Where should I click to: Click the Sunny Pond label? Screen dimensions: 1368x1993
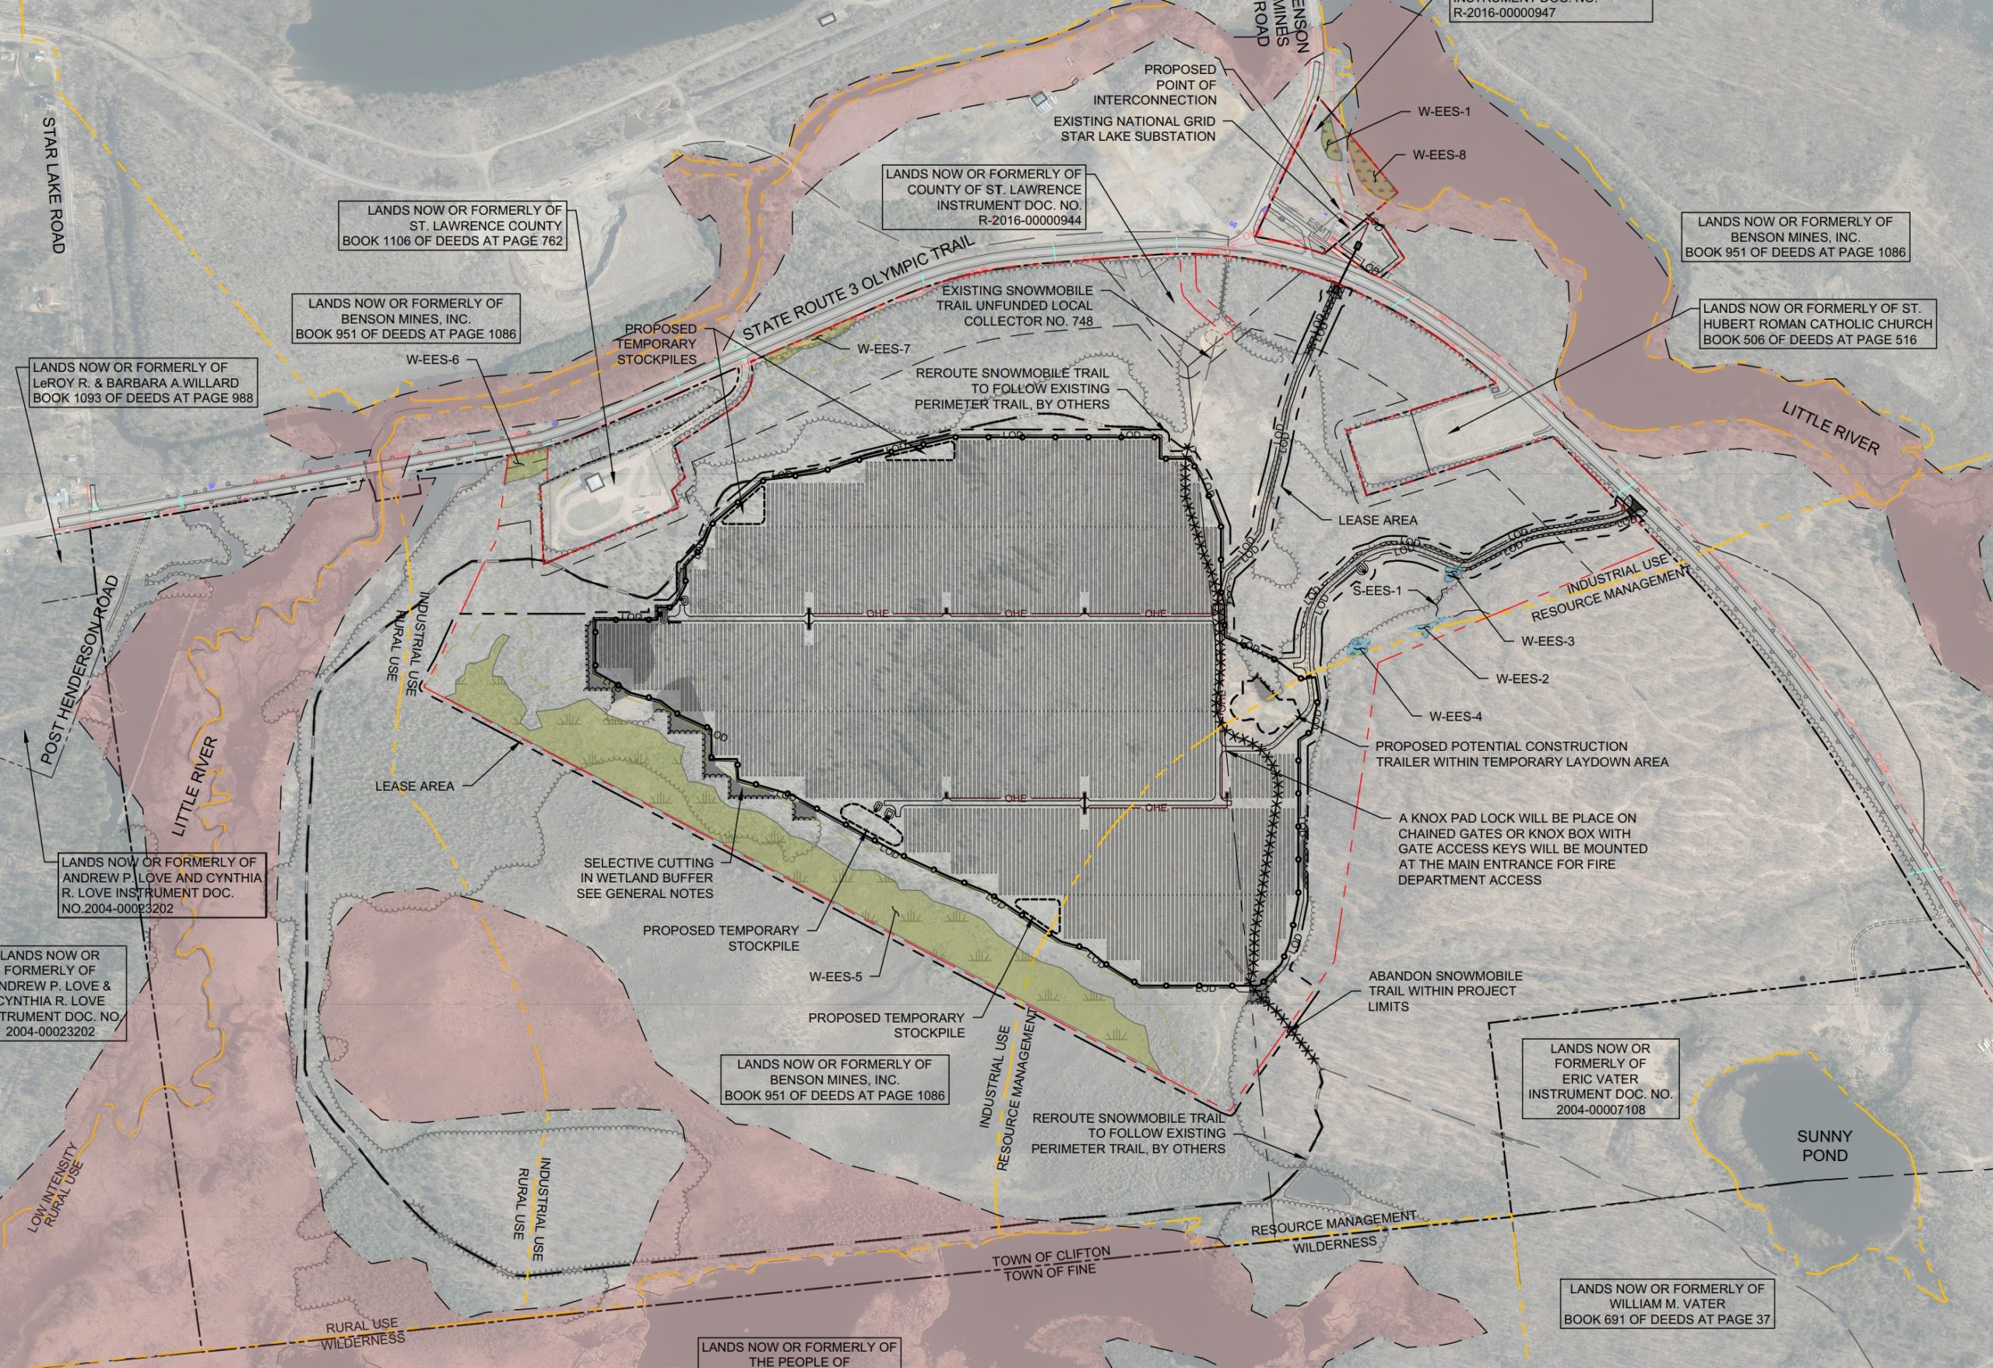pos(1825,1145)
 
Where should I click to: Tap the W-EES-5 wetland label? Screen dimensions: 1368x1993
pos(835,977)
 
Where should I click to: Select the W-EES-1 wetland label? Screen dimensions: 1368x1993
pos(1443,111)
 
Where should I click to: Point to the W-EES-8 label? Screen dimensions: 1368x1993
pos(1439,156)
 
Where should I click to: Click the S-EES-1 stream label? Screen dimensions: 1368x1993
pos(1377,591)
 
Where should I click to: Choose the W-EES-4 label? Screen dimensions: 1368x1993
pos(1454,717)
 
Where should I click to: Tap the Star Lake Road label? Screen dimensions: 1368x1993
pos(53,184)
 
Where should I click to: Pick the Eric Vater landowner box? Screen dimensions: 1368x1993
pos(1600,1079)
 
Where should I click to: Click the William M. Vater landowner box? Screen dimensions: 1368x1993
pos(1666,1303)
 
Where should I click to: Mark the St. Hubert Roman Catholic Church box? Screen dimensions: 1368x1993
pos(1817,324)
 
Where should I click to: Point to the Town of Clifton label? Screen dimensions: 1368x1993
pos(1050,1257)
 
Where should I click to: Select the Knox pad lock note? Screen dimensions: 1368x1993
pos(1522,848)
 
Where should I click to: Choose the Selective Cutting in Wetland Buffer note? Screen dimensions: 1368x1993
pos(648,878)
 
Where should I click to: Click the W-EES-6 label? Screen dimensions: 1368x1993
pos(432,360)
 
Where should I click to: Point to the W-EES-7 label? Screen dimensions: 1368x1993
pos(884,349)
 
